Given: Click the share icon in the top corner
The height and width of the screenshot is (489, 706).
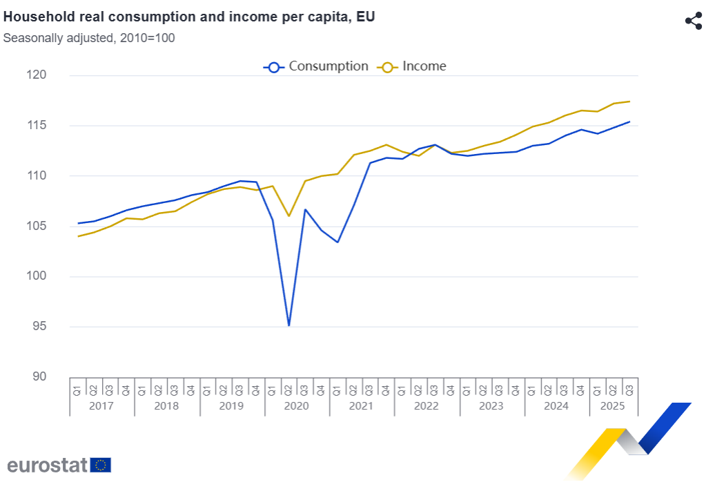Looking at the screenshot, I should [x=693, y=21].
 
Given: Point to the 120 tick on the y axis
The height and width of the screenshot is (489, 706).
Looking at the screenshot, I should [x=57, y=75].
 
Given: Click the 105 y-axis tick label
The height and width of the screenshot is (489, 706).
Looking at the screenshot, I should [x=57, y=227].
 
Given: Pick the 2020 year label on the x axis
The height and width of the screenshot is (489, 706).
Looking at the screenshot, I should [x=297, y=406].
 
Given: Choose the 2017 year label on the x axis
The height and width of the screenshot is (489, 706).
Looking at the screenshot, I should [x=101, y=406].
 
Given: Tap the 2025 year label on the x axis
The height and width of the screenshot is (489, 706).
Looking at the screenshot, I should [x=613, y=406].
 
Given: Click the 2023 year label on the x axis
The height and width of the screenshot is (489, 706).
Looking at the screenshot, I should [x=491, y=406].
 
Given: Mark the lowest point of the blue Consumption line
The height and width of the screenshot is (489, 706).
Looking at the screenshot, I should [x=288, y=325].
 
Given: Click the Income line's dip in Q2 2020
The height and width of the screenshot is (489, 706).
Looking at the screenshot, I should [x=288, y=216].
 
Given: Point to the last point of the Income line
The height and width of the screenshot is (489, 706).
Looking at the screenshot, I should [x=629, y=102].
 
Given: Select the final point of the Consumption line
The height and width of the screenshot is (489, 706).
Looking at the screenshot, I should [x=629, y=122].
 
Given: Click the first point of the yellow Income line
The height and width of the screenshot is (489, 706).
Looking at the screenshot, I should [x=78, y=236].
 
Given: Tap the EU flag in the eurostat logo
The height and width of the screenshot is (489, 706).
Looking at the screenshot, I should [x=101, y=465].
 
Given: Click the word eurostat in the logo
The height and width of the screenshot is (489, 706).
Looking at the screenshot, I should [x=47, y=465].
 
